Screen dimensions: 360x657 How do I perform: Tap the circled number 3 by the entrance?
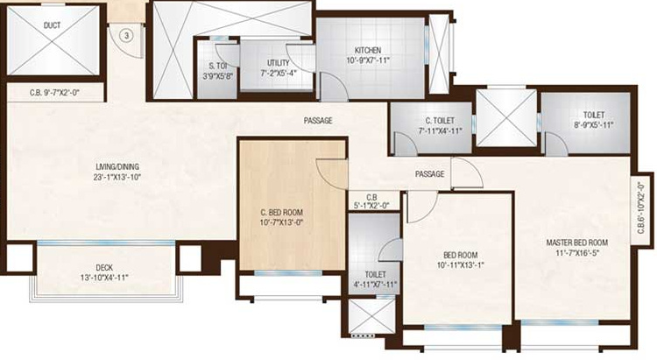[x=126, y=35]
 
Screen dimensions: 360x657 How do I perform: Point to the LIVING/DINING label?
[x=118, y=166]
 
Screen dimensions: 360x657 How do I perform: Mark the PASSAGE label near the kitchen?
[x=318, y=120]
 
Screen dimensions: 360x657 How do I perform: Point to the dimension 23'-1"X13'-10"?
[x=118, y=178]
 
